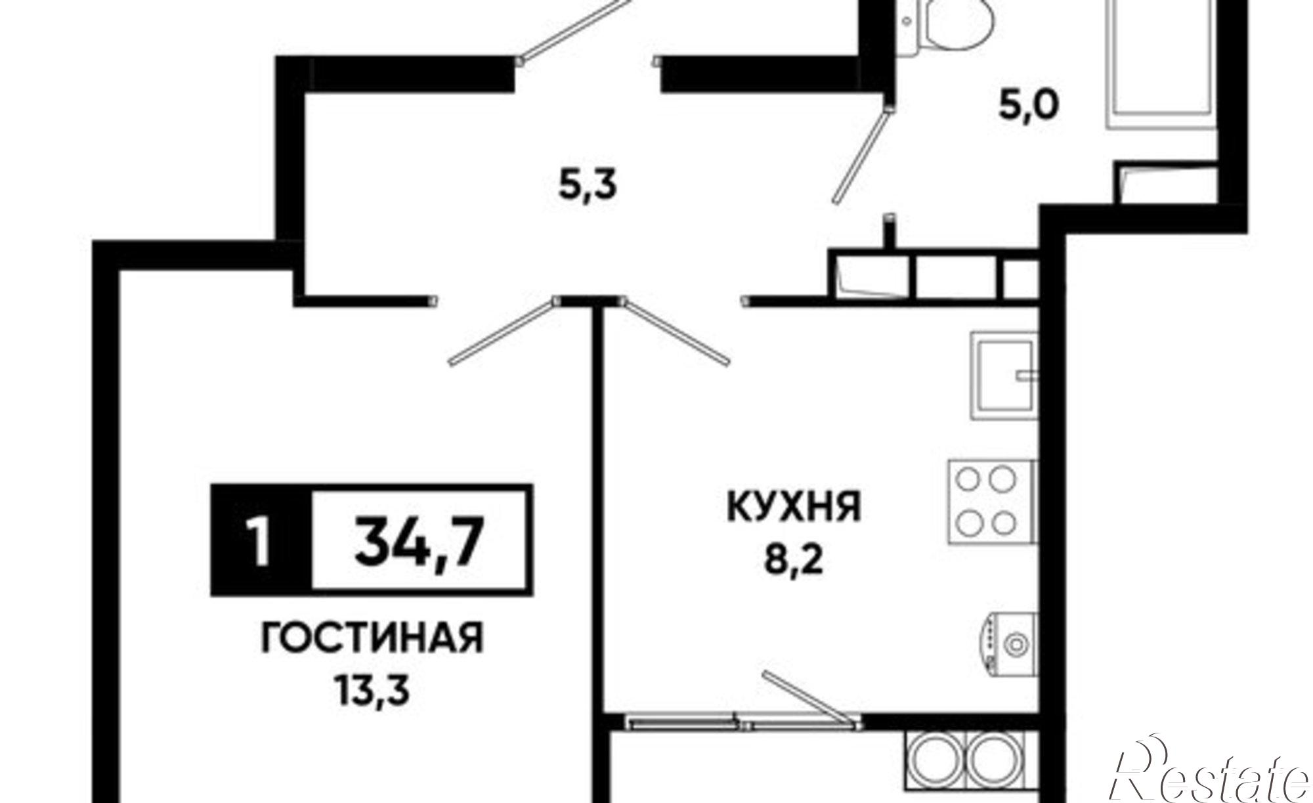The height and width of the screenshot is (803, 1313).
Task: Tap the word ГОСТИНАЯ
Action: pyautogui.click(x=372, y=638)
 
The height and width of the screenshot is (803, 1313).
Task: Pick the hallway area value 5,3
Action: pyautogui.click(x=588, y=186)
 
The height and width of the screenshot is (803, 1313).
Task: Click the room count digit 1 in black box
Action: pyautogui.click(x=261, y=540)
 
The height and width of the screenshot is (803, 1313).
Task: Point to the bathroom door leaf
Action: pyautogui.click(x=862, y=158)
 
